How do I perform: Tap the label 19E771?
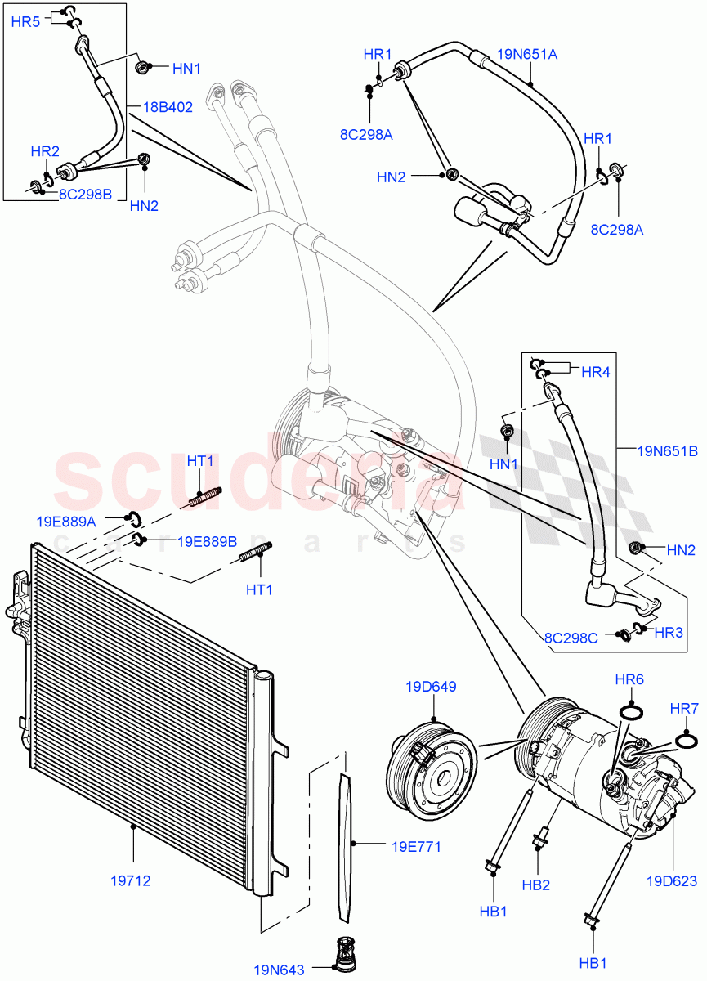click(415, 846)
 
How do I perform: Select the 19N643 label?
click(279, 970)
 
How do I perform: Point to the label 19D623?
click(672, 880)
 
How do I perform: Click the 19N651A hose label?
click(527, 56)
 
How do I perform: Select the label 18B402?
click(168, 106)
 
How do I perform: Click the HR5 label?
click(25, 22)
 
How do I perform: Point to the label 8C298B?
click(84, 194)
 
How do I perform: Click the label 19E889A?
click(66, 521)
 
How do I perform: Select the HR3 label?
click(669, 632)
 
